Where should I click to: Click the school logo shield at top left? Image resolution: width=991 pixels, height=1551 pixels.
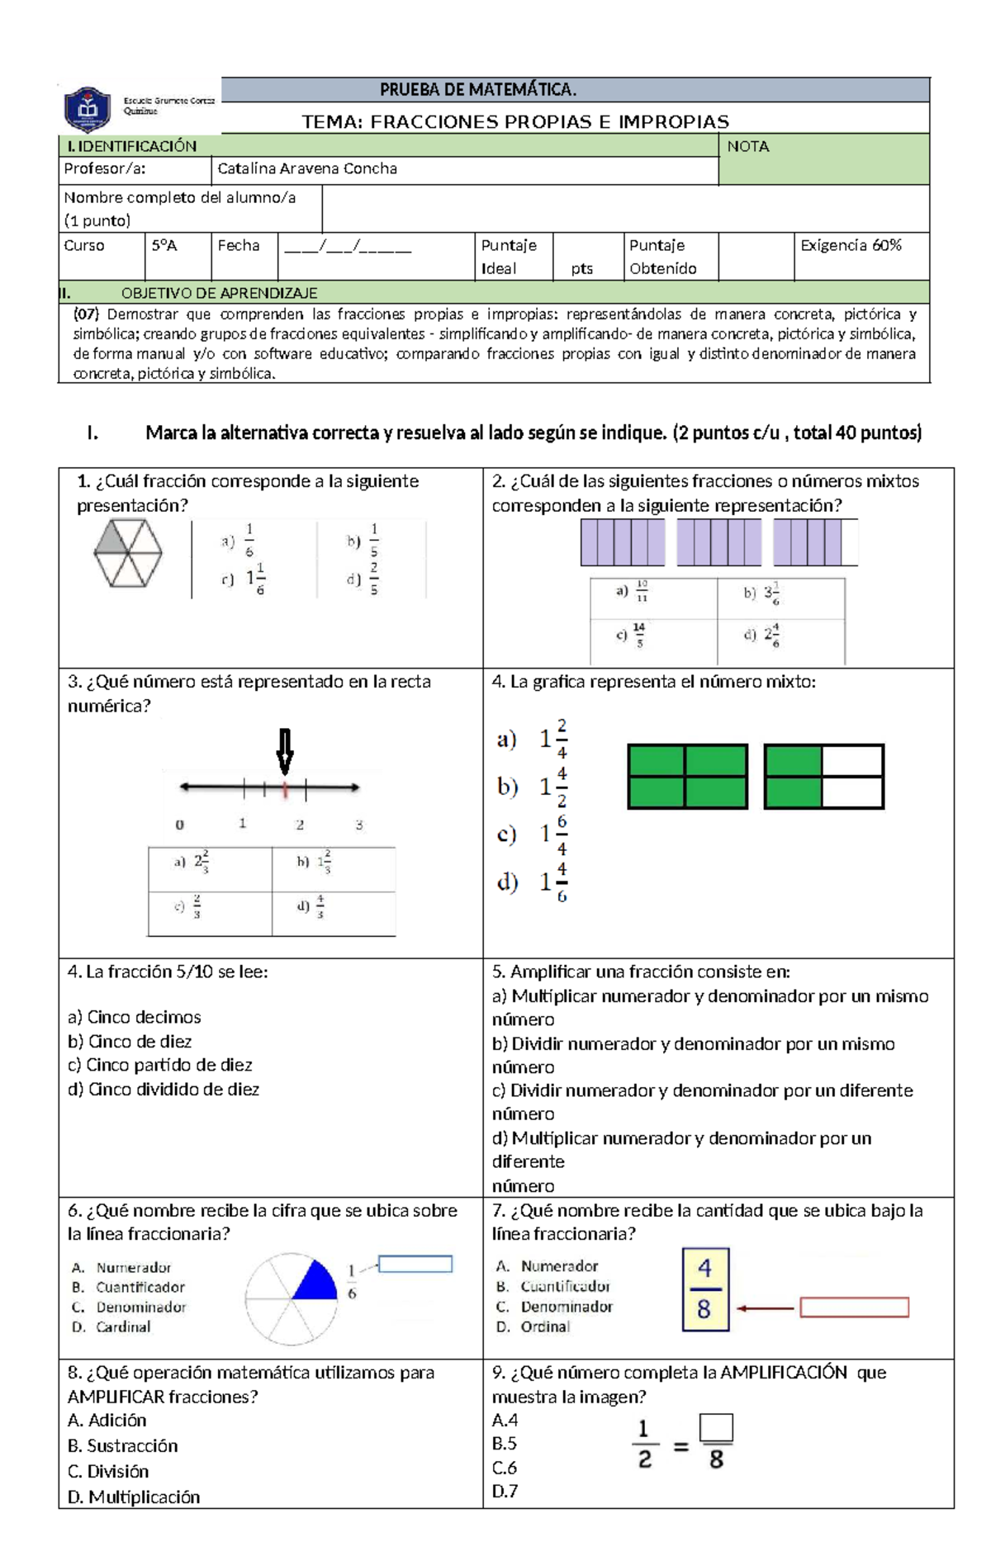point(88,109)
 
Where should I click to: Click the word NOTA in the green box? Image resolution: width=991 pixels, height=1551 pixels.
point(747,146)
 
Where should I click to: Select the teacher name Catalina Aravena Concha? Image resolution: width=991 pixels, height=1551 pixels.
point(306,168)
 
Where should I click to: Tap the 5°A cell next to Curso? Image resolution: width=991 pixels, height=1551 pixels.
point(164,245)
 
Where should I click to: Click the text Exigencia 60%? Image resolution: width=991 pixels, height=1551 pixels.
point(850,245)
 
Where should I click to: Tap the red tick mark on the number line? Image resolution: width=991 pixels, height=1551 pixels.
point(285,789)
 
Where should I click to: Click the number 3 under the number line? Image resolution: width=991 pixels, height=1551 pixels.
point(358,824)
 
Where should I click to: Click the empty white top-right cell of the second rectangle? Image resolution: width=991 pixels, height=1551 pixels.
point(852,760)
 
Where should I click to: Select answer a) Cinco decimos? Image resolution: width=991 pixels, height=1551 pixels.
point(135,1017)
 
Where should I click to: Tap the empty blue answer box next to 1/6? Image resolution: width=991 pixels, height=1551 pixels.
point(415,1264)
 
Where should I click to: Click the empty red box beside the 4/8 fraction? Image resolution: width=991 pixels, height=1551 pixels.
point(854,1307)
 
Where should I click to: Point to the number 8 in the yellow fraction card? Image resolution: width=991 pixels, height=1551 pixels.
point(704,1309)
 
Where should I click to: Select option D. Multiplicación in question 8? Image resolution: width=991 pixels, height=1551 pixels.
point(134,1497)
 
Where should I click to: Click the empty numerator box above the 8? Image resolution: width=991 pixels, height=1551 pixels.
point(715,1426)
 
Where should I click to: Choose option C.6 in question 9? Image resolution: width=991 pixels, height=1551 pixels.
point(505,1468)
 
